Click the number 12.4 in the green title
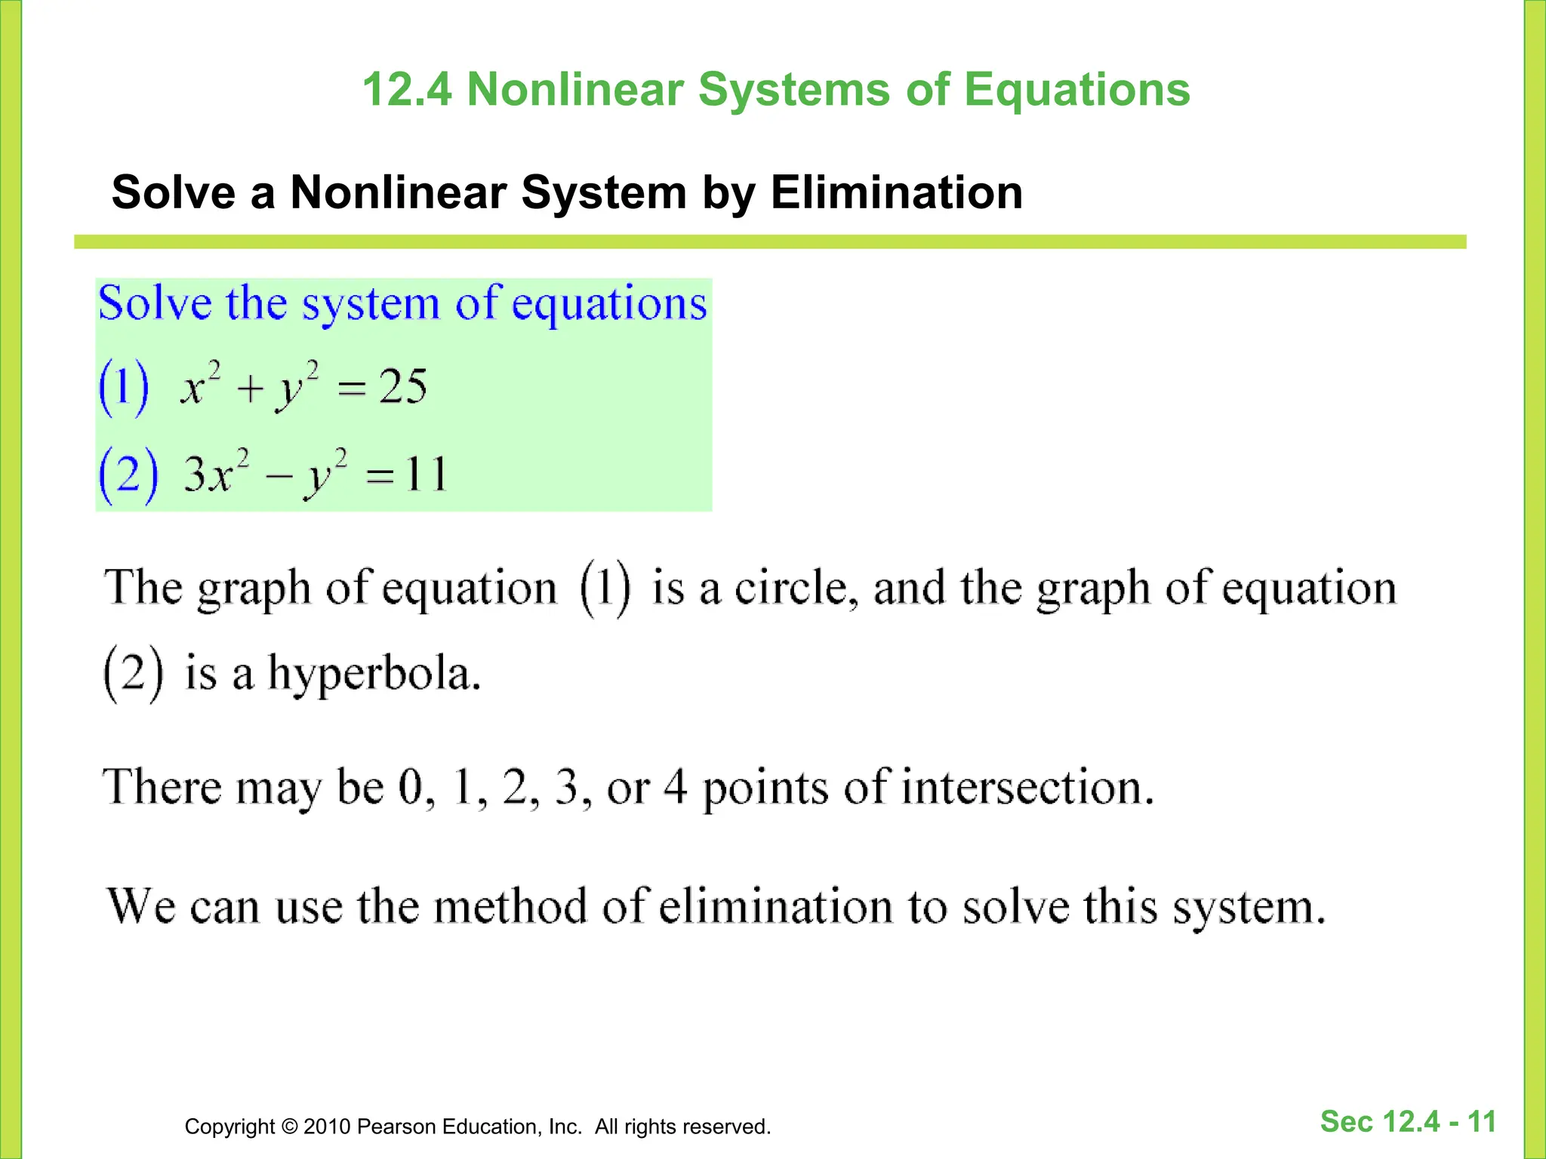point(407,90)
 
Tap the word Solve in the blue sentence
point(155,304)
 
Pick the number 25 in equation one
point(402,387)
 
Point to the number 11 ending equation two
point(426,475)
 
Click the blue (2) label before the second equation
point(128,475)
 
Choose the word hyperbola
point(374,674)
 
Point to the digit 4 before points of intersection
point(676,787)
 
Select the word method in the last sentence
point(510,905)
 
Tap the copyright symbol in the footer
point(289,1127)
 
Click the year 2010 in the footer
point(327,1127)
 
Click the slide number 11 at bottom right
point(1481,1122)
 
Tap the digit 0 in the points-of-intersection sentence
point(412,787)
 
